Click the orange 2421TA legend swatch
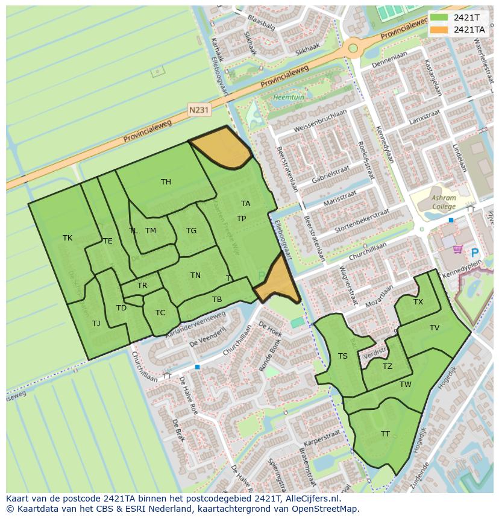click(x=439, y=30)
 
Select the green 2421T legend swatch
click(x=439, y=17)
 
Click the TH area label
click(x=166, y=182)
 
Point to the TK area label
click(x=67, y=238)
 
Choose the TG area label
click(x=191, y=231)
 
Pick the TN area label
click(x=195, y=275)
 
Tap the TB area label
click(x=217, y=300)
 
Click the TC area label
click(x=160, y=313)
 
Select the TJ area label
click(x=96, y=324)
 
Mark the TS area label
click(x=343, y=356)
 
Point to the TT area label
click(x=385, y=434)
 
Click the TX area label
click(x=418, y=302)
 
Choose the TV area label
click(x=435, y=328)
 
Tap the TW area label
click(x=405, y=385)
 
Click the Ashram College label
click(x=444, y=202)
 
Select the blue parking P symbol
click(x=474, y=254)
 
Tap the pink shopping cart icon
click(x=457, y=249)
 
